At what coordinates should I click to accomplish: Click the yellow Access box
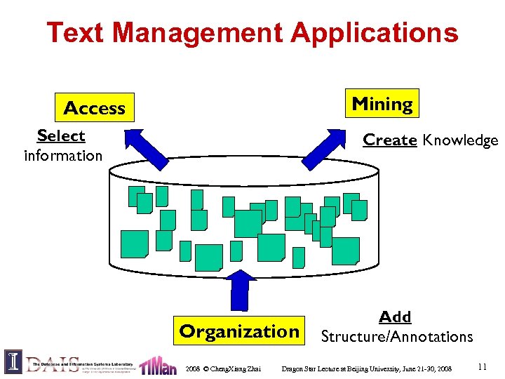[x=94, y=108]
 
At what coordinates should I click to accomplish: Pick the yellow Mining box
[x=382, y=104]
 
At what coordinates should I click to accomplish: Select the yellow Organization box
[x=239, y=331]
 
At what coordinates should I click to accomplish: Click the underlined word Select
[x=61, y=135]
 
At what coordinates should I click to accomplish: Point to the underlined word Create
[x=390, y=140]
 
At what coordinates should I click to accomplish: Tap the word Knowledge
[x=461, y=140]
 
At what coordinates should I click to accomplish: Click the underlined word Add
[x=395, y=317]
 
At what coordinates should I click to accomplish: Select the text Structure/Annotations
[x=397, y=336]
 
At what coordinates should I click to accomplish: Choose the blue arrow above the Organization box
[x=241, y=288]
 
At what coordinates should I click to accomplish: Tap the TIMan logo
[x=158, y=365]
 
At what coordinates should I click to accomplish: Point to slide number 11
[x=482, y=366]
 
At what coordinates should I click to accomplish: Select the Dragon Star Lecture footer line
[x=366, y=368]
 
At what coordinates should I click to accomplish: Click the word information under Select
[x=63, y=155]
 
